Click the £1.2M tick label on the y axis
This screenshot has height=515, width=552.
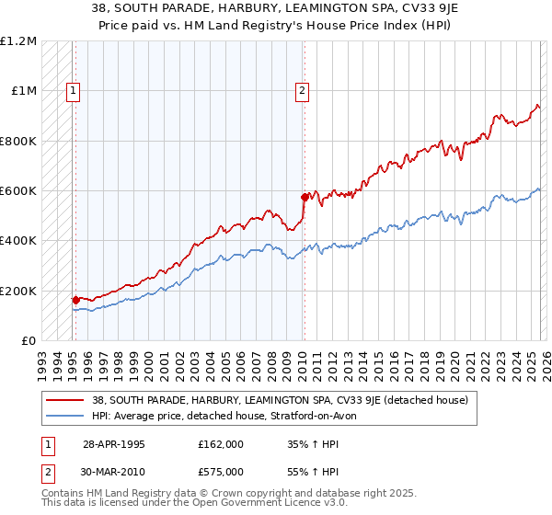click(x=18, y=41)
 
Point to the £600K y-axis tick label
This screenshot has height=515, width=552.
click(x=18, y=191)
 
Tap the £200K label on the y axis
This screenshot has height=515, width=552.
click(x=18, y=291)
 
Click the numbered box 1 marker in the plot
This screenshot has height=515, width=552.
click(x=73, y=90)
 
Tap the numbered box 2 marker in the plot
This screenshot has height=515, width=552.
click(x=302, y=90)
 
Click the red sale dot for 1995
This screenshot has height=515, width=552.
click(x=76, y=300)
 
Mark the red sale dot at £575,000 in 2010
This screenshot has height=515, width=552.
click(x=305, y=197)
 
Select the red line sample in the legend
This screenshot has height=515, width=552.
click(x=66, y=400)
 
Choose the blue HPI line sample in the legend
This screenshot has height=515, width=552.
click(x=66, y=416)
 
